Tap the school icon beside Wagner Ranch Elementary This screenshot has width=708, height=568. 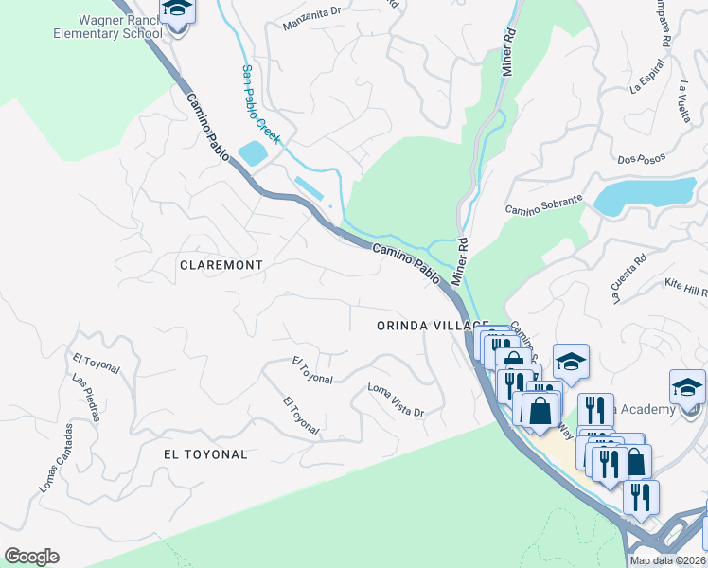[176, 9]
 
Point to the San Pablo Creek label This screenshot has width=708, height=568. [259, 104]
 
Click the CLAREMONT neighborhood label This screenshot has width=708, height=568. [221, 266]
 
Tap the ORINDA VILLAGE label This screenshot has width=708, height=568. [418, 325]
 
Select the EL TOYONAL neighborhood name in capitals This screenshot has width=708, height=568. [205, 454]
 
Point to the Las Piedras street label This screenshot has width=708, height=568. [85, 397]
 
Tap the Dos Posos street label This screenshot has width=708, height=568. [641, 159]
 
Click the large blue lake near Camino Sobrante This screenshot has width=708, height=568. [644, 194]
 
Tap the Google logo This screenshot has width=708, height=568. [31, 557]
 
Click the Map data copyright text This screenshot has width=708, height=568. [667, 560]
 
